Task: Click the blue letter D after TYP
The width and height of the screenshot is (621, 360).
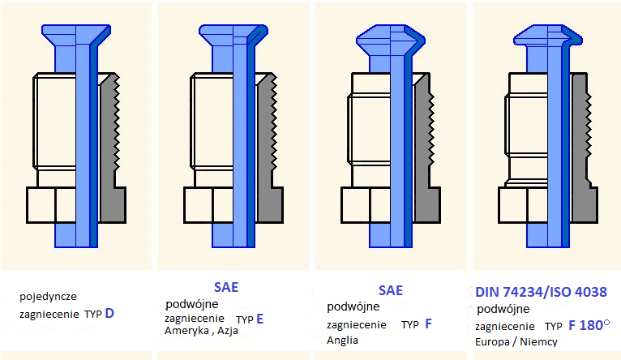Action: tap(109, 313)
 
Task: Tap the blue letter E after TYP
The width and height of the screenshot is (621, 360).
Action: tap(259, 319)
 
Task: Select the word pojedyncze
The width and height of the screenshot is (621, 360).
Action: tap(48, 297)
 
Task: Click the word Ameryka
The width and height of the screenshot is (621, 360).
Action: tap(186, 330)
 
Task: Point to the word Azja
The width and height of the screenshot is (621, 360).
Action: tap(227, 331)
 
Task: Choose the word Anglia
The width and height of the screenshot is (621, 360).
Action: tap(342, 341)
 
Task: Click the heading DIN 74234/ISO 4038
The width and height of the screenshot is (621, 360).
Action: tap(541, 292)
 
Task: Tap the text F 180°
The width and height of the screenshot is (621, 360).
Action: tap(589, 325)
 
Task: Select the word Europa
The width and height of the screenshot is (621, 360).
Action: tap(492, 342)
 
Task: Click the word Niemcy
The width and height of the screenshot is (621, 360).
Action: tap(538, 342)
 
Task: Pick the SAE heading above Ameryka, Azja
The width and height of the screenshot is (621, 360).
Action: tap(226, 287)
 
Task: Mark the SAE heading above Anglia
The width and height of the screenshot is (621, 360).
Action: tap(391, 290)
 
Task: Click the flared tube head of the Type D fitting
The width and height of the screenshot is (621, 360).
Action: tap(76, 35)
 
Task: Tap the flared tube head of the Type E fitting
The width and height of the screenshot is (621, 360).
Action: tap(233, 35)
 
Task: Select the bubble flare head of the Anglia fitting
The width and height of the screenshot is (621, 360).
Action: tap(391, 38)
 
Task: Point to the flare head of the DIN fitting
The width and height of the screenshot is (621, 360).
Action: tap(548, 36)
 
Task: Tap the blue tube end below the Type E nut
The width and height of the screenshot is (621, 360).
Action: tap(233, 235)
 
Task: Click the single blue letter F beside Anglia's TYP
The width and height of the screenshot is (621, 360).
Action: tap(429, 324)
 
